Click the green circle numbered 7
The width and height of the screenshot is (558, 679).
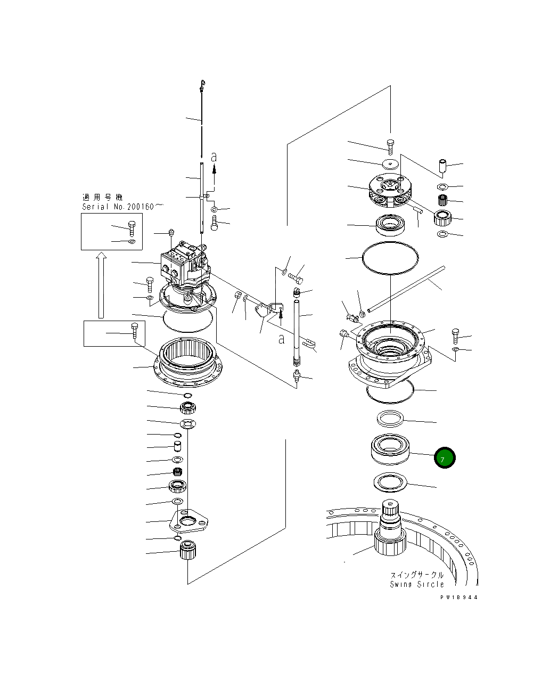coord(444,457)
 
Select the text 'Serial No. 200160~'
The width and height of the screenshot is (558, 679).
coord(122,207)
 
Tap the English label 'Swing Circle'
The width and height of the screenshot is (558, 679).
coord(416,584)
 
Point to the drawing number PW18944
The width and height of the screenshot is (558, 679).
coord(458,598)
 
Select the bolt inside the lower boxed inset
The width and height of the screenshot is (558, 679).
coord(134,331)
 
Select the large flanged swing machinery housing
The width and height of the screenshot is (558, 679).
coord(391,354)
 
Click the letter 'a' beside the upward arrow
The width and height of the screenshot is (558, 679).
coord(214,157)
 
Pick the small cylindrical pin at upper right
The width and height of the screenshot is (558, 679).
coord(442,166)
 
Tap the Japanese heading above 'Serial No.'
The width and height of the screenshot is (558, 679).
coord(102,197)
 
